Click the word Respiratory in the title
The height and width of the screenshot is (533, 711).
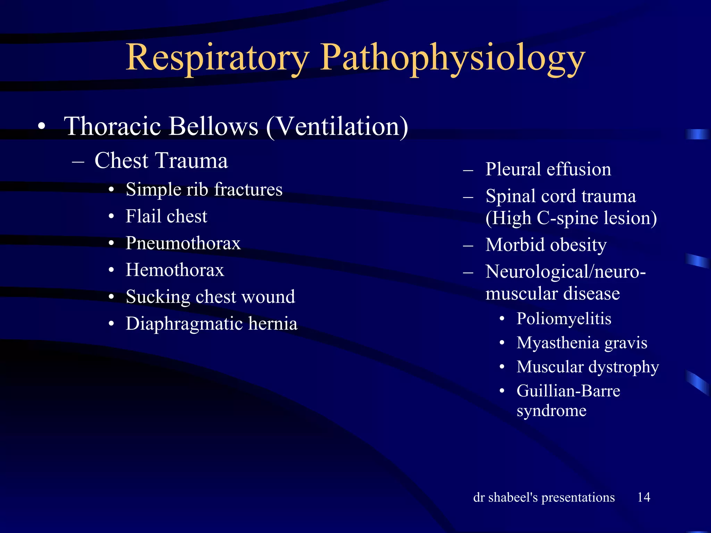[217, 58]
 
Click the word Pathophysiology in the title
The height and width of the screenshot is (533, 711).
[452, 58]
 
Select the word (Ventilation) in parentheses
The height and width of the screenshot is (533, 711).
[337, 126]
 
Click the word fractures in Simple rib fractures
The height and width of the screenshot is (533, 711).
[248, 189]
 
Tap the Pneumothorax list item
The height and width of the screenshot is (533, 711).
[183, 243]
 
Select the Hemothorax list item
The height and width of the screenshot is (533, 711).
[175, 270]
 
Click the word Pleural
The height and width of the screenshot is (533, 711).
[513, 169]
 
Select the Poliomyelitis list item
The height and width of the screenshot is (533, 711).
[563, 319]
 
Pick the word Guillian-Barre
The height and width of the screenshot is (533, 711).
[568, 391]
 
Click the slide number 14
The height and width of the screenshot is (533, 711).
[644, 497]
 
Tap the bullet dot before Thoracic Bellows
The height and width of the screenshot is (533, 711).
[42, 127]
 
